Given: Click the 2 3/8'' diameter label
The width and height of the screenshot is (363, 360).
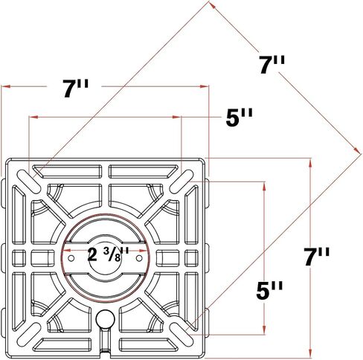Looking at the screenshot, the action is click(x=108, y=254).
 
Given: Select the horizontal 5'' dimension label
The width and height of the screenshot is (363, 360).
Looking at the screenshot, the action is click(x=240, y=118).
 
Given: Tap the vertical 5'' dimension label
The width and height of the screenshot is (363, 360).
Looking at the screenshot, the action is click(x=269, y=290).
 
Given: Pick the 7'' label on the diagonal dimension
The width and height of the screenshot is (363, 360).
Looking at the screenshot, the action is click(x=272, y=65).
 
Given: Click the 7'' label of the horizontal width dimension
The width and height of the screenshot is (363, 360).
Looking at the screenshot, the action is click(x=75, y=88).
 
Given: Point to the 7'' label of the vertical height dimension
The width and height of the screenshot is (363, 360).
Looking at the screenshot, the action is click(x=317, y=257).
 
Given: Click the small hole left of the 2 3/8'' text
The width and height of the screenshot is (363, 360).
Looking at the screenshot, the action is click(x=71, y=258).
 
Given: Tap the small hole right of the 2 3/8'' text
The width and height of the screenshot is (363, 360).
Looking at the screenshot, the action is click(x=139, y=258).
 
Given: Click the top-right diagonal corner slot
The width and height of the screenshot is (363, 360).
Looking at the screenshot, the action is click(x=181, y=181).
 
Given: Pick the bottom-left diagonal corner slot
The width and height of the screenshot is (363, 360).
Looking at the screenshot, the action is click(x=29, y=335).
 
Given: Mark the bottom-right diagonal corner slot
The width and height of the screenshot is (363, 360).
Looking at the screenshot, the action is click(x=181, y=335).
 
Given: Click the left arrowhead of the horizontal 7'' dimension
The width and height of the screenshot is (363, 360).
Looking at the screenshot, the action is click(x=6, y=86).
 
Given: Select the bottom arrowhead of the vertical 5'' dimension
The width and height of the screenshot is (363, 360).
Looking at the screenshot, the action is click(x=264, y=330).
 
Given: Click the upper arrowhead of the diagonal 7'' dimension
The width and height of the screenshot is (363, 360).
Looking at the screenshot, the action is click(x=213, y=5).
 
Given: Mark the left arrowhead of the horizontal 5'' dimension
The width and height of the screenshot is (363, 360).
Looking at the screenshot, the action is click(x=33, y=117).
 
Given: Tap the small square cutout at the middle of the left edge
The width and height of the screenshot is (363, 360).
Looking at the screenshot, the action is click(x=19, y=258).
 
